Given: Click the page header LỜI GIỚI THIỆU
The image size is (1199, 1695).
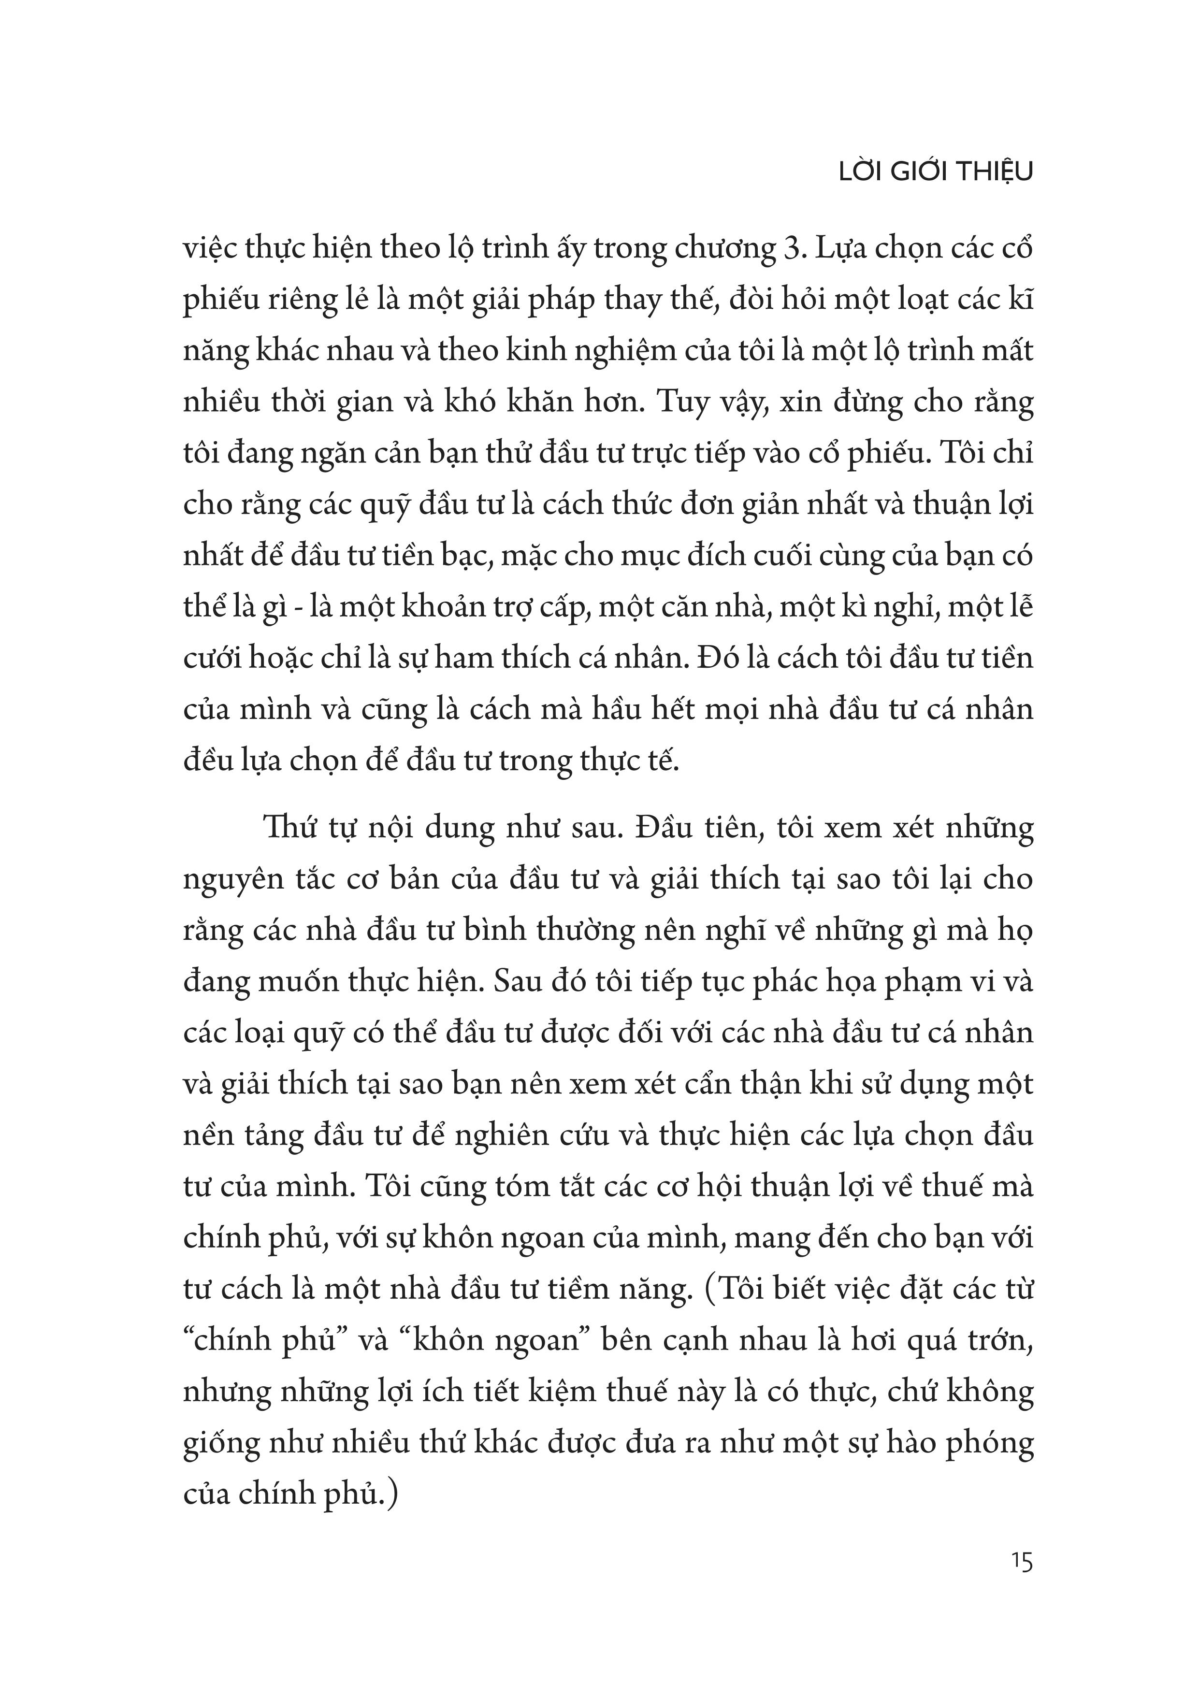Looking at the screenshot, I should (x=936, y=172).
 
